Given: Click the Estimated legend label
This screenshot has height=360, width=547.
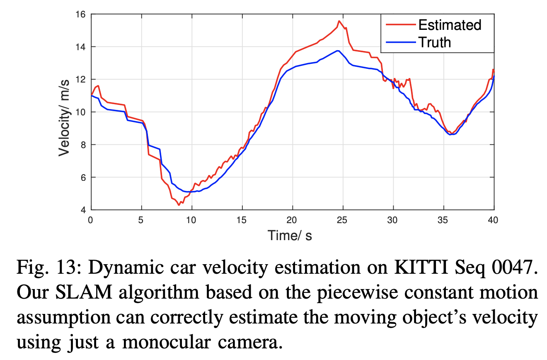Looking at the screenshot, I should [x=450, y=25].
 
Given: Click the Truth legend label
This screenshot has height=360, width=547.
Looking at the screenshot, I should [x=434, y=42].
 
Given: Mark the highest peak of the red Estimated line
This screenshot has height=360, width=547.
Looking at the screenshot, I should [x=339, y=21].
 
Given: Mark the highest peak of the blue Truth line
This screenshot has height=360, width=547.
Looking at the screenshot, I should [x=338, y=51].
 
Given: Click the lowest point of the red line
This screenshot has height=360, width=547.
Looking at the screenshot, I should [x=179, y=205].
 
